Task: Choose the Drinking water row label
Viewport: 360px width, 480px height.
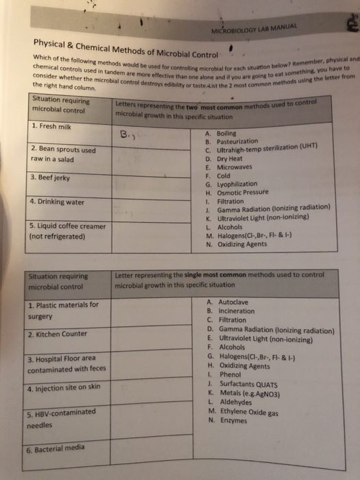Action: [58, 202]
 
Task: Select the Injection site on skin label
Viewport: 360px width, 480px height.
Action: [63, 388]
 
